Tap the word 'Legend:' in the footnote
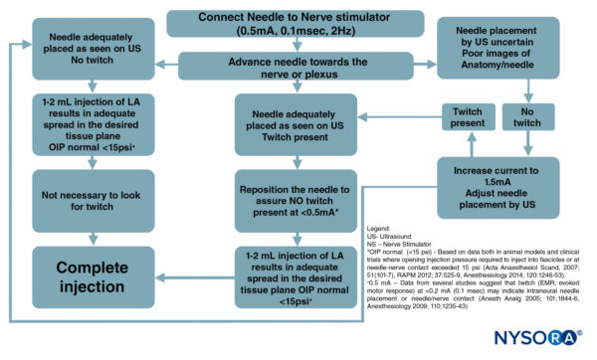(x=383, y=228)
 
